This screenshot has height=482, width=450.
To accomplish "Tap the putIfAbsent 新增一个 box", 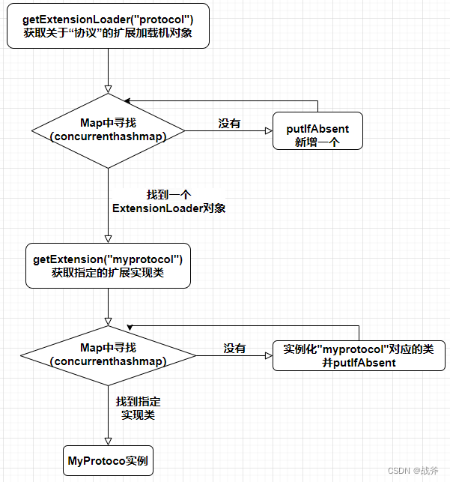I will coord(317,130).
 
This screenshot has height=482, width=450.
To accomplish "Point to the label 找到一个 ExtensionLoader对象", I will coord(169,201).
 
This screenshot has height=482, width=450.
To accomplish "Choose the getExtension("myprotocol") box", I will coord(108,266).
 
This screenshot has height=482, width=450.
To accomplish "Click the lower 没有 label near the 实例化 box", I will coord(234,349).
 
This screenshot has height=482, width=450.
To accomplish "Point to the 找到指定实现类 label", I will coord(138,408).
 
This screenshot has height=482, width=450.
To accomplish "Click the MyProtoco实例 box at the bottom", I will coord(108,460).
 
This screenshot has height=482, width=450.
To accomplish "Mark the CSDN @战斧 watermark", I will coord(413,471).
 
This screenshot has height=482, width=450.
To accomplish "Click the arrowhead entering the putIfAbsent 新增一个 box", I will coord(268,130).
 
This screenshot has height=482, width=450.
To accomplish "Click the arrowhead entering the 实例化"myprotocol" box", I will coord(267,355).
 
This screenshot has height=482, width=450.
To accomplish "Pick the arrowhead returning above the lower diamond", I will coord(130,326).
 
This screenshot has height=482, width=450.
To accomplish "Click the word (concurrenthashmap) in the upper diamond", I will coord(108,136).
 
